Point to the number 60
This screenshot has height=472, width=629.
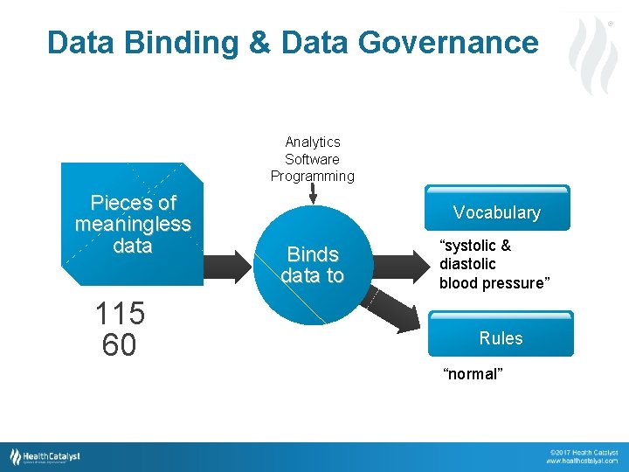pyautogui.click(x=119, y=346)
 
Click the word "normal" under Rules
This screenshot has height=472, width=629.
pyautogui.click(x=473, y=374)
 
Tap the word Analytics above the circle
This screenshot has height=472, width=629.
pyautogui.click(x=313, y=142)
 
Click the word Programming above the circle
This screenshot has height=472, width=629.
pyautogui.click(x=313, y=176)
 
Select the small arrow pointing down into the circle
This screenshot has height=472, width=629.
pyautogui.click(x=314, y=191)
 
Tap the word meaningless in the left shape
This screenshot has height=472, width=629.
pyautogui.click(x=133, y=225)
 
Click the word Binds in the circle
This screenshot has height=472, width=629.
pyautogui.click(x=313, y=254)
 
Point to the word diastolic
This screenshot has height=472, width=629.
pyautogui.click(x=467, y=264)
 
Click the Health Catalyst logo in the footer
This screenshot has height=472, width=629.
pyautogui.click(x=45, y=456)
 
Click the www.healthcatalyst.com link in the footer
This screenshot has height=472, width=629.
pyautogui.click(x=584, y=460)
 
